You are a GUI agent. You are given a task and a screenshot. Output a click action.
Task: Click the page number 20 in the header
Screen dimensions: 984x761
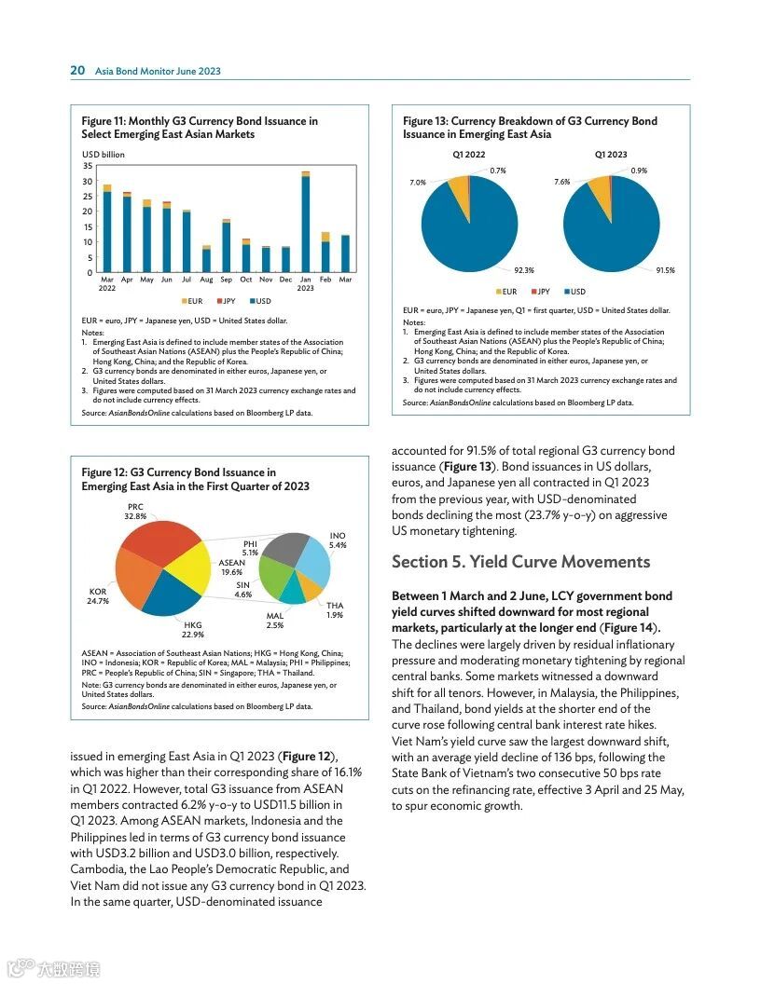coord(77,71)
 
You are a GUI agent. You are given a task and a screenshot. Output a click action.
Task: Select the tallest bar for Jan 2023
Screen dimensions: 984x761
coord(305,224)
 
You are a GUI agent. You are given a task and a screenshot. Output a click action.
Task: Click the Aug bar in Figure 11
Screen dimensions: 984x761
coord(206,260)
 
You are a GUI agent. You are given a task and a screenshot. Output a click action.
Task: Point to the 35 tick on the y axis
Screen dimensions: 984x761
coord(88,165)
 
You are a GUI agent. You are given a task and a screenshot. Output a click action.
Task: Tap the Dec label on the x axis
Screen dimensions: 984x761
coord(285,280)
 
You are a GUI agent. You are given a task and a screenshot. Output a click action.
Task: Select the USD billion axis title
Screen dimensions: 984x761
coord(103,154)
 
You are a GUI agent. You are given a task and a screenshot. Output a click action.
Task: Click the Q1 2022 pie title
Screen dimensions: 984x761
coord(468,155)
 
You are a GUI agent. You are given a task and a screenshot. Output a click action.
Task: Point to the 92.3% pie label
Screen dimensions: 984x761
coord(523,270)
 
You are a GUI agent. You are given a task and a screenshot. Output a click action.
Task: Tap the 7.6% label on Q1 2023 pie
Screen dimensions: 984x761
coord(561,182)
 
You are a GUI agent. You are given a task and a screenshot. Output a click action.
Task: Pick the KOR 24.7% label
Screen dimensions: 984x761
coord(98,596)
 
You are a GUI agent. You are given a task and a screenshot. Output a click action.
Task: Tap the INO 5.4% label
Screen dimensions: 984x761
coord(338,540)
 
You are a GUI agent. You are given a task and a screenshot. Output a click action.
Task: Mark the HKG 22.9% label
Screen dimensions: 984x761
coord(193,629)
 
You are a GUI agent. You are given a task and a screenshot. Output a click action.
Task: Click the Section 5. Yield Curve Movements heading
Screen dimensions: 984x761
coord(520,562)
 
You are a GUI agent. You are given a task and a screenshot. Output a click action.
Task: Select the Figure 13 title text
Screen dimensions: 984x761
coord(530,128)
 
